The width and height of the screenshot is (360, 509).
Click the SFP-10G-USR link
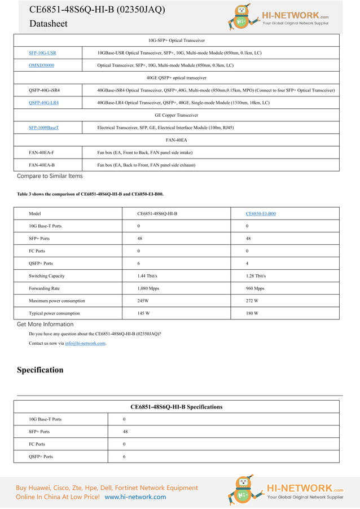coord(42,52)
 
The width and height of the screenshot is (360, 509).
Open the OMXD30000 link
coord(41,65)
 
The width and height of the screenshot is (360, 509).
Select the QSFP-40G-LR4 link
coord(43,103)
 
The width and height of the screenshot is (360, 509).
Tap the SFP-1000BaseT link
coord(43,128)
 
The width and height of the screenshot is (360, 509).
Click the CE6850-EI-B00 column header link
coord(261,214)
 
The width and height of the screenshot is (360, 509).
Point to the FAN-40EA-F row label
coord(41,152)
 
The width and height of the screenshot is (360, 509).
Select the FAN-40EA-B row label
coord(41,165)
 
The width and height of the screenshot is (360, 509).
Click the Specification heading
coord(40,370)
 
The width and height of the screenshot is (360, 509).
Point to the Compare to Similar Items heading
coord(50,176)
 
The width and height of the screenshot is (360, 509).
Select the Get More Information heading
coord(45,324)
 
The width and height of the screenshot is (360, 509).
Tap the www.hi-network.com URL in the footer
coord(135,497)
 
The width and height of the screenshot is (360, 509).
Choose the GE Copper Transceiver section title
coord(176,115)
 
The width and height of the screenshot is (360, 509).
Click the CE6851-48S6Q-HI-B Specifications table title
coord(176,407)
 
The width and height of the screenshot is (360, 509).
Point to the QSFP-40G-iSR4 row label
coord(44,90)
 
